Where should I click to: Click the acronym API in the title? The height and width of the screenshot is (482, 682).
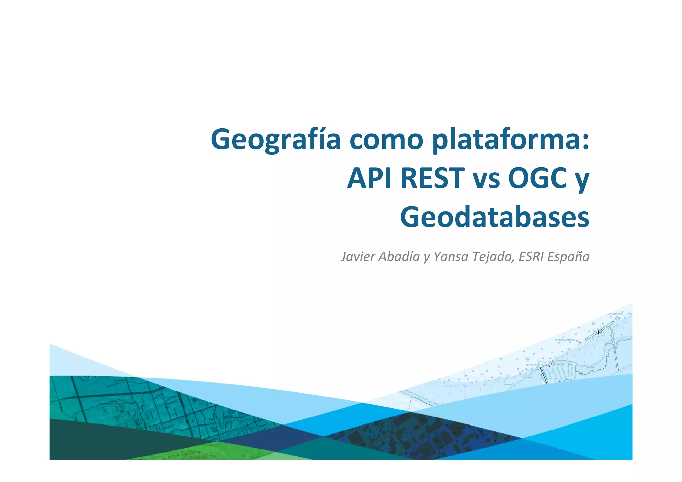(369, 179)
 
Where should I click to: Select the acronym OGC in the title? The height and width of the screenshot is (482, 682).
(537, 179)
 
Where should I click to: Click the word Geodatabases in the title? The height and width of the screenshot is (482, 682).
(495, 217)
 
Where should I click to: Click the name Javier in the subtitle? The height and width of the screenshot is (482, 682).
(358, 257)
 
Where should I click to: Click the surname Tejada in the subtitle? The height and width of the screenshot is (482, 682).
(494, 257)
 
